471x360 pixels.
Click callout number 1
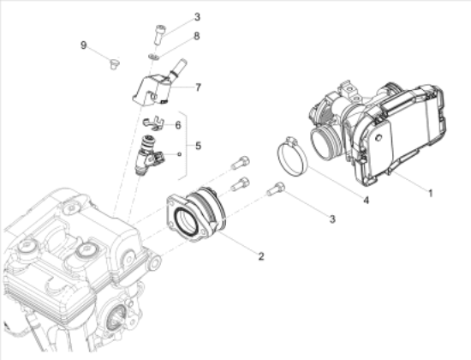point(430,193)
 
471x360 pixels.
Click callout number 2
point(261,256)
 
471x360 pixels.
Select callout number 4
point(366,200)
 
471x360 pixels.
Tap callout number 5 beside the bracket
point(198,146)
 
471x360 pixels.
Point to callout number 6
point(178,125)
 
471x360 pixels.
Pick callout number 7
point(198,87)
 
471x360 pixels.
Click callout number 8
point(196,36)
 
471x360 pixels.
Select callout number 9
point(84,45)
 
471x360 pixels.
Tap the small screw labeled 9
point(114,63)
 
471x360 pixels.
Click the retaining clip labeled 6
point(153,123)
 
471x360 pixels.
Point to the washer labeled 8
point(153,56)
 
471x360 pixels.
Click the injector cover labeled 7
point(152,90)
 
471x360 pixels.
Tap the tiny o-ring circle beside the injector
point(179,154)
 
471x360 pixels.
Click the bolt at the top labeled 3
point(159,34)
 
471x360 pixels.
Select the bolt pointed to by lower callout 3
point(276,189)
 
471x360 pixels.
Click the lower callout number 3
point(332,219)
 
